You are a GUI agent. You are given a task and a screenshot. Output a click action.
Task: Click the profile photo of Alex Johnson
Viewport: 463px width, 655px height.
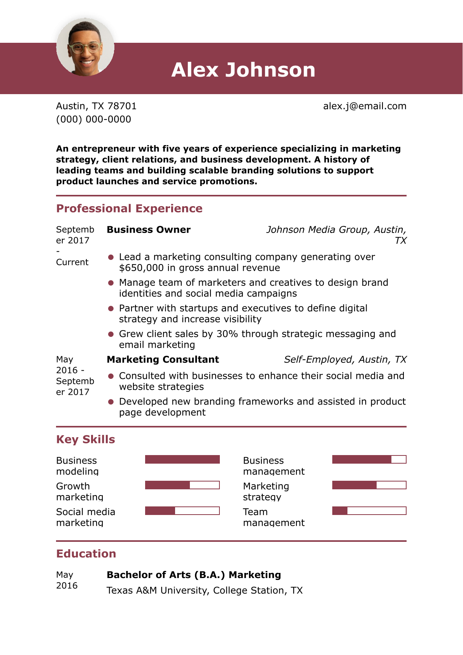pyautogui.click(x=85, y=47)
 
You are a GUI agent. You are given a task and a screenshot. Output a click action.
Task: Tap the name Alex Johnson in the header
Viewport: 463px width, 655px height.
pyautogui.click(x=243, y=70)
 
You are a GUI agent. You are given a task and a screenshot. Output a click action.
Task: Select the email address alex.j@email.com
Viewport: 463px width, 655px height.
pyautogui.click(x=365, y=106)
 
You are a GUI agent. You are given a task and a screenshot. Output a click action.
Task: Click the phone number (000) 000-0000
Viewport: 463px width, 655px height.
pyautogui.click(x=93, y=119)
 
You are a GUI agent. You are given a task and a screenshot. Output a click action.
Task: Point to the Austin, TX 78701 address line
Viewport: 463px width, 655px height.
pyautogui.click(x=96, y=106)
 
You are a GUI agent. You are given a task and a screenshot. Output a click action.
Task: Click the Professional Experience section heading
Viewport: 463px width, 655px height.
pyautogui.click(x=129, y=208)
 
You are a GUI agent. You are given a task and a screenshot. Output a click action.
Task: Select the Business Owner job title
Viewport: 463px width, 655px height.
pyautogui.click(x=149, y=230)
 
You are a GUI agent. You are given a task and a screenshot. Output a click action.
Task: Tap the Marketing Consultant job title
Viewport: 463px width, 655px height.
pyautogui.click(x=163, y=360)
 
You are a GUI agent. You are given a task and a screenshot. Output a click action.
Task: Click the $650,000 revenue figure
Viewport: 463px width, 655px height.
pyautogui.click(x=141, y=268)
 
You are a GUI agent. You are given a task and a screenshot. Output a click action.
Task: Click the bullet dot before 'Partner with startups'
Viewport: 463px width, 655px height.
pyautogui.click(x=111, y=308)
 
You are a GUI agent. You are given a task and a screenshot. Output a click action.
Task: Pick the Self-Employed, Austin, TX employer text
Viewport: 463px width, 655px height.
pyautogui.click(x=345, y=360)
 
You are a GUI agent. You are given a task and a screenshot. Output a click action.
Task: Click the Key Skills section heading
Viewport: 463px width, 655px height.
pyautogui.click(x=86, y=440)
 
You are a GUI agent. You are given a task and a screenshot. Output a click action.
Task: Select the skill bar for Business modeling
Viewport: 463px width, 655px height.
pyautogui.click(x=182, y=459)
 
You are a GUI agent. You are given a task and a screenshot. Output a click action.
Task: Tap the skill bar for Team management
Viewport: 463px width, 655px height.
pyautogui.click(x=369, y=511)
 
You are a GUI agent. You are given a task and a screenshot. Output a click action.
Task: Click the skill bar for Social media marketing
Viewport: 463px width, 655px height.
pyautogui.click(x=182, y=511)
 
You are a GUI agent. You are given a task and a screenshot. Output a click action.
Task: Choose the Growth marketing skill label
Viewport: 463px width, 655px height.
pyautogui.click(x=79, y=492)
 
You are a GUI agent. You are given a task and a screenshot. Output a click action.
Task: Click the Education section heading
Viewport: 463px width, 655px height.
pyautogui.click(x=86, y=554)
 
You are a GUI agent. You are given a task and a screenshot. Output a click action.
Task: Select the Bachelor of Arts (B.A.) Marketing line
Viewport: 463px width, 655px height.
pyautogui.click(x=194, y=575)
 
